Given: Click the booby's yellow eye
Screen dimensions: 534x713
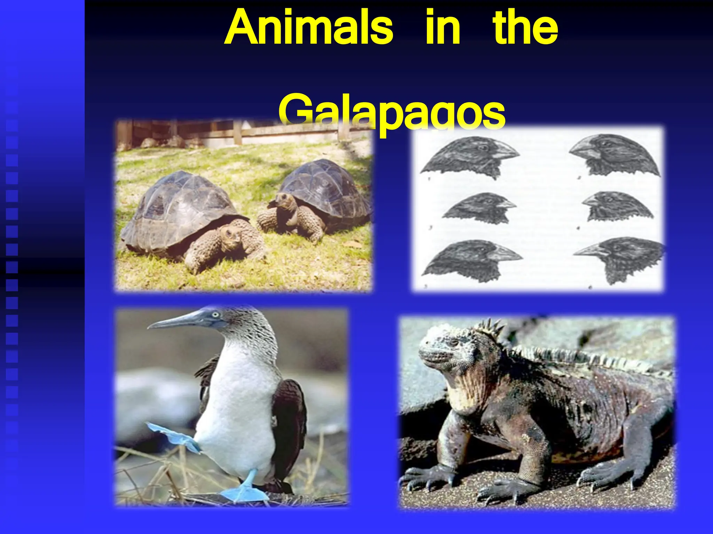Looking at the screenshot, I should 216,315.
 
